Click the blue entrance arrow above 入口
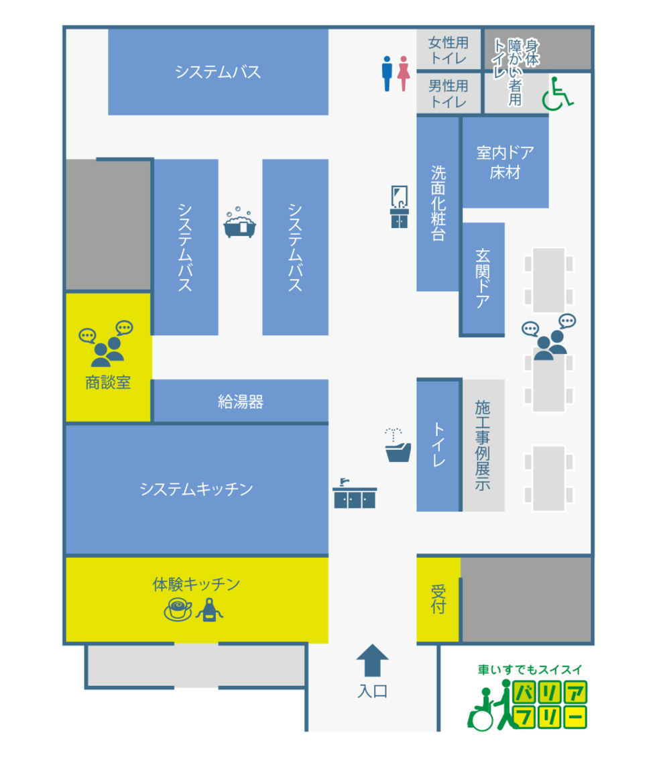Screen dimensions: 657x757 click(372, 660)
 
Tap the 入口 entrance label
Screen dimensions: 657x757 click(372, 691)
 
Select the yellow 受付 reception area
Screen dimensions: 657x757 click(438, 599)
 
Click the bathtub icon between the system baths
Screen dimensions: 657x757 click(240, 223)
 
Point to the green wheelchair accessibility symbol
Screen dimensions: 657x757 click(558, 94)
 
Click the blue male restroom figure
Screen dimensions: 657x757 click(387, 73)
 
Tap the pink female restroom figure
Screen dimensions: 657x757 click(404, 73)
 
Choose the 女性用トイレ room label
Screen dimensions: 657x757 click(449, 50)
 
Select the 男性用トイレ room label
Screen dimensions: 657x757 click(449, 94)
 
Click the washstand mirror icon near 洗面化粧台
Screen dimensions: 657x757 click(399, 207)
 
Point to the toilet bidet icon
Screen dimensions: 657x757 click(398, 445)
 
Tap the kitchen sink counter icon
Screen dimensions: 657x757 click(355, 493)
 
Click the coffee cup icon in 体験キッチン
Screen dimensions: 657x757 click(178, 609)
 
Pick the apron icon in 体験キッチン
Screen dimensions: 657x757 click(209, 609)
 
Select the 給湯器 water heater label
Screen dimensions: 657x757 click(241, 402)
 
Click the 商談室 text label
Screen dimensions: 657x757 click(108, 383)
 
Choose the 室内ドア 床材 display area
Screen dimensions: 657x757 click(505, 162)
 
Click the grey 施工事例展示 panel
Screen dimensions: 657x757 click(483, 445)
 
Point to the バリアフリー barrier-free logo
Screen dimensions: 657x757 click(527, 698)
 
